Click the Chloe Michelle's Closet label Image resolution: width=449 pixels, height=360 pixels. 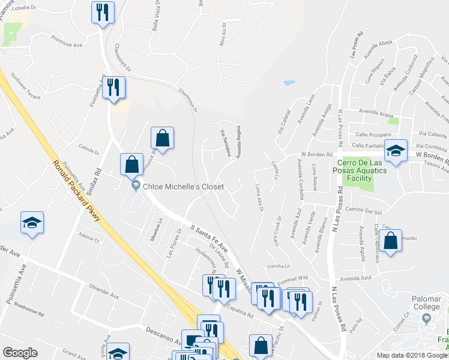click(183, 187)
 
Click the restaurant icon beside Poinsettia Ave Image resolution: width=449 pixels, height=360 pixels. click(112, 88)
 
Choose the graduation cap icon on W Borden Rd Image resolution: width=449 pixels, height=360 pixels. click(396, 151)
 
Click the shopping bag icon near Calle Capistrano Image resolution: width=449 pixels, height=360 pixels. click(390, 242)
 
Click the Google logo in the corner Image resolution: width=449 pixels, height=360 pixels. click(20, 353)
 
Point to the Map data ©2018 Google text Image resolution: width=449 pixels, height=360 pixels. click(412, 355)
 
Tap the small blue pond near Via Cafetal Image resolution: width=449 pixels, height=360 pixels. click(289, 82)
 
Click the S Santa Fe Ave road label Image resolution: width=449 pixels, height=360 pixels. click(209, 238)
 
